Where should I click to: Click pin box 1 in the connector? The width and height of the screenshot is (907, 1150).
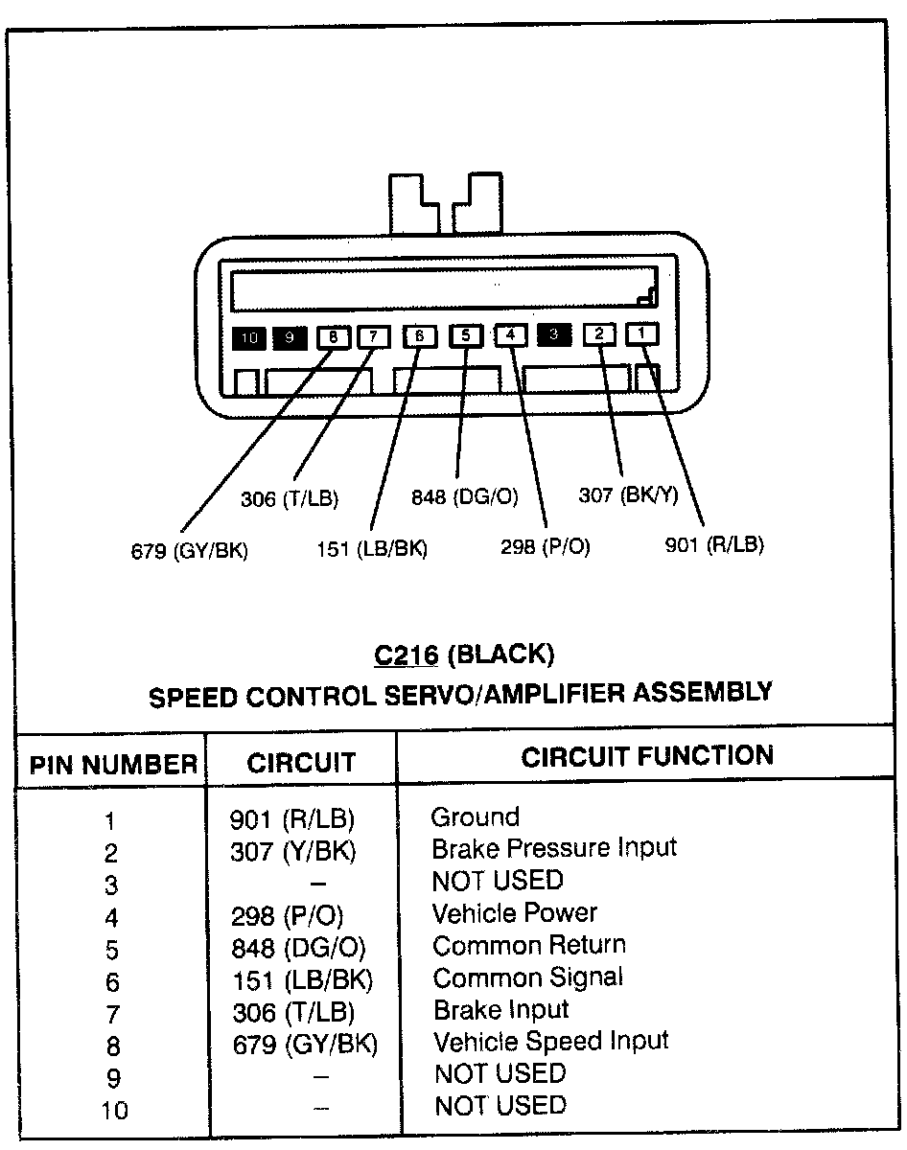pyautogui.click(x=642, y=333)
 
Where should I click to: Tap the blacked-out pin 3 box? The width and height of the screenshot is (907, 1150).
pyautogui.click(x=554, y=334)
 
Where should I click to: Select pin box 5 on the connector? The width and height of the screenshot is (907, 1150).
pyautogui.click(x=465, y=335)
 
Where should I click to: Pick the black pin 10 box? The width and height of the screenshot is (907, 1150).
pyautogui.click(x=248, y=337)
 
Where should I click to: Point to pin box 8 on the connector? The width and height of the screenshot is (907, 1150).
pyautogui.click(x=333, y=336)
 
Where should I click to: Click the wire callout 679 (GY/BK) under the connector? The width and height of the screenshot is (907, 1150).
pyautogui.click(x=189, y=551)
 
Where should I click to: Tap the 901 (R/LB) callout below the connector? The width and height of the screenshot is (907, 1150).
pyautogui.click(x=714, y=545)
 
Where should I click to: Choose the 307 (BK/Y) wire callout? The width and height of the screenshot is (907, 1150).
pyautogui.click(x=628, y=495)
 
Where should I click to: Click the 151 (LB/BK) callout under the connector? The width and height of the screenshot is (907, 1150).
pyautogui.click(x=372, y=549)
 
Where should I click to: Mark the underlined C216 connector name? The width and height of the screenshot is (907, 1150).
pyautogui.click(x=407, y=655)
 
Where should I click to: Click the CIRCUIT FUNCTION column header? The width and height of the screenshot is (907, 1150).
pyautogui.click(x=647, y=757)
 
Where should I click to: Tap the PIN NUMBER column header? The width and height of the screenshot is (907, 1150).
pyautogui.click(x=112, y=765)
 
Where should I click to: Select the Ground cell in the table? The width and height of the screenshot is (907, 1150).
pyautogui.click(x=475, y=817)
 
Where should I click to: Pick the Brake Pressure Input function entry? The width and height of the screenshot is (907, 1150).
pyautogui.click(x=554, y=848)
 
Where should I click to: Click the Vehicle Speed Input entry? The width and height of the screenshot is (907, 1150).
pyautogui.click(x=550, y=1041)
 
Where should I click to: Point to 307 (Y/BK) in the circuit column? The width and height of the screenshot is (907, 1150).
pyautogui.click(x=293, y=851)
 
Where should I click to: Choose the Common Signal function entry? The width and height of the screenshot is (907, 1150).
pyautogui.click(x=527, y=977)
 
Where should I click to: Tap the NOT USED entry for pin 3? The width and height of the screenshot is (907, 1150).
pyautogui.click(x=497, y=880)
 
